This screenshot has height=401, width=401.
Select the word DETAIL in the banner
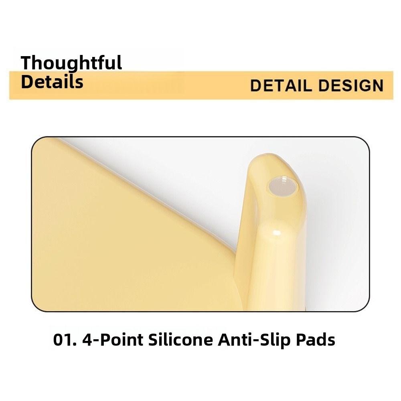[281, 86]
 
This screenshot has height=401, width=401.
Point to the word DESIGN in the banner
[351, 86]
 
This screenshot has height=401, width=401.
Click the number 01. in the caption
[65, 340]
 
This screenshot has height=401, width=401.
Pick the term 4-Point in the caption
[113, 340]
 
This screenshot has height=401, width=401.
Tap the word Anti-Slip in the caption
[254, 340]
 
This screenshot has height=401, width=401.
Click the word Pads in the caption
[315, 340]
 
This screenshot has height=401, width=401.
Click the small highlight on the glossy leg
[277, 233]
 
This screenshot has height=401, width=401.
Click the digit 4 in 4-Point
[87, 340]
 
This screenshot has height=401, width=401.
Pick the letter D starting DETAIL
[256, 86]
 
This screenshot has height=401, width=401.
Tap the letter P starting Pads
[301, 340]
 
